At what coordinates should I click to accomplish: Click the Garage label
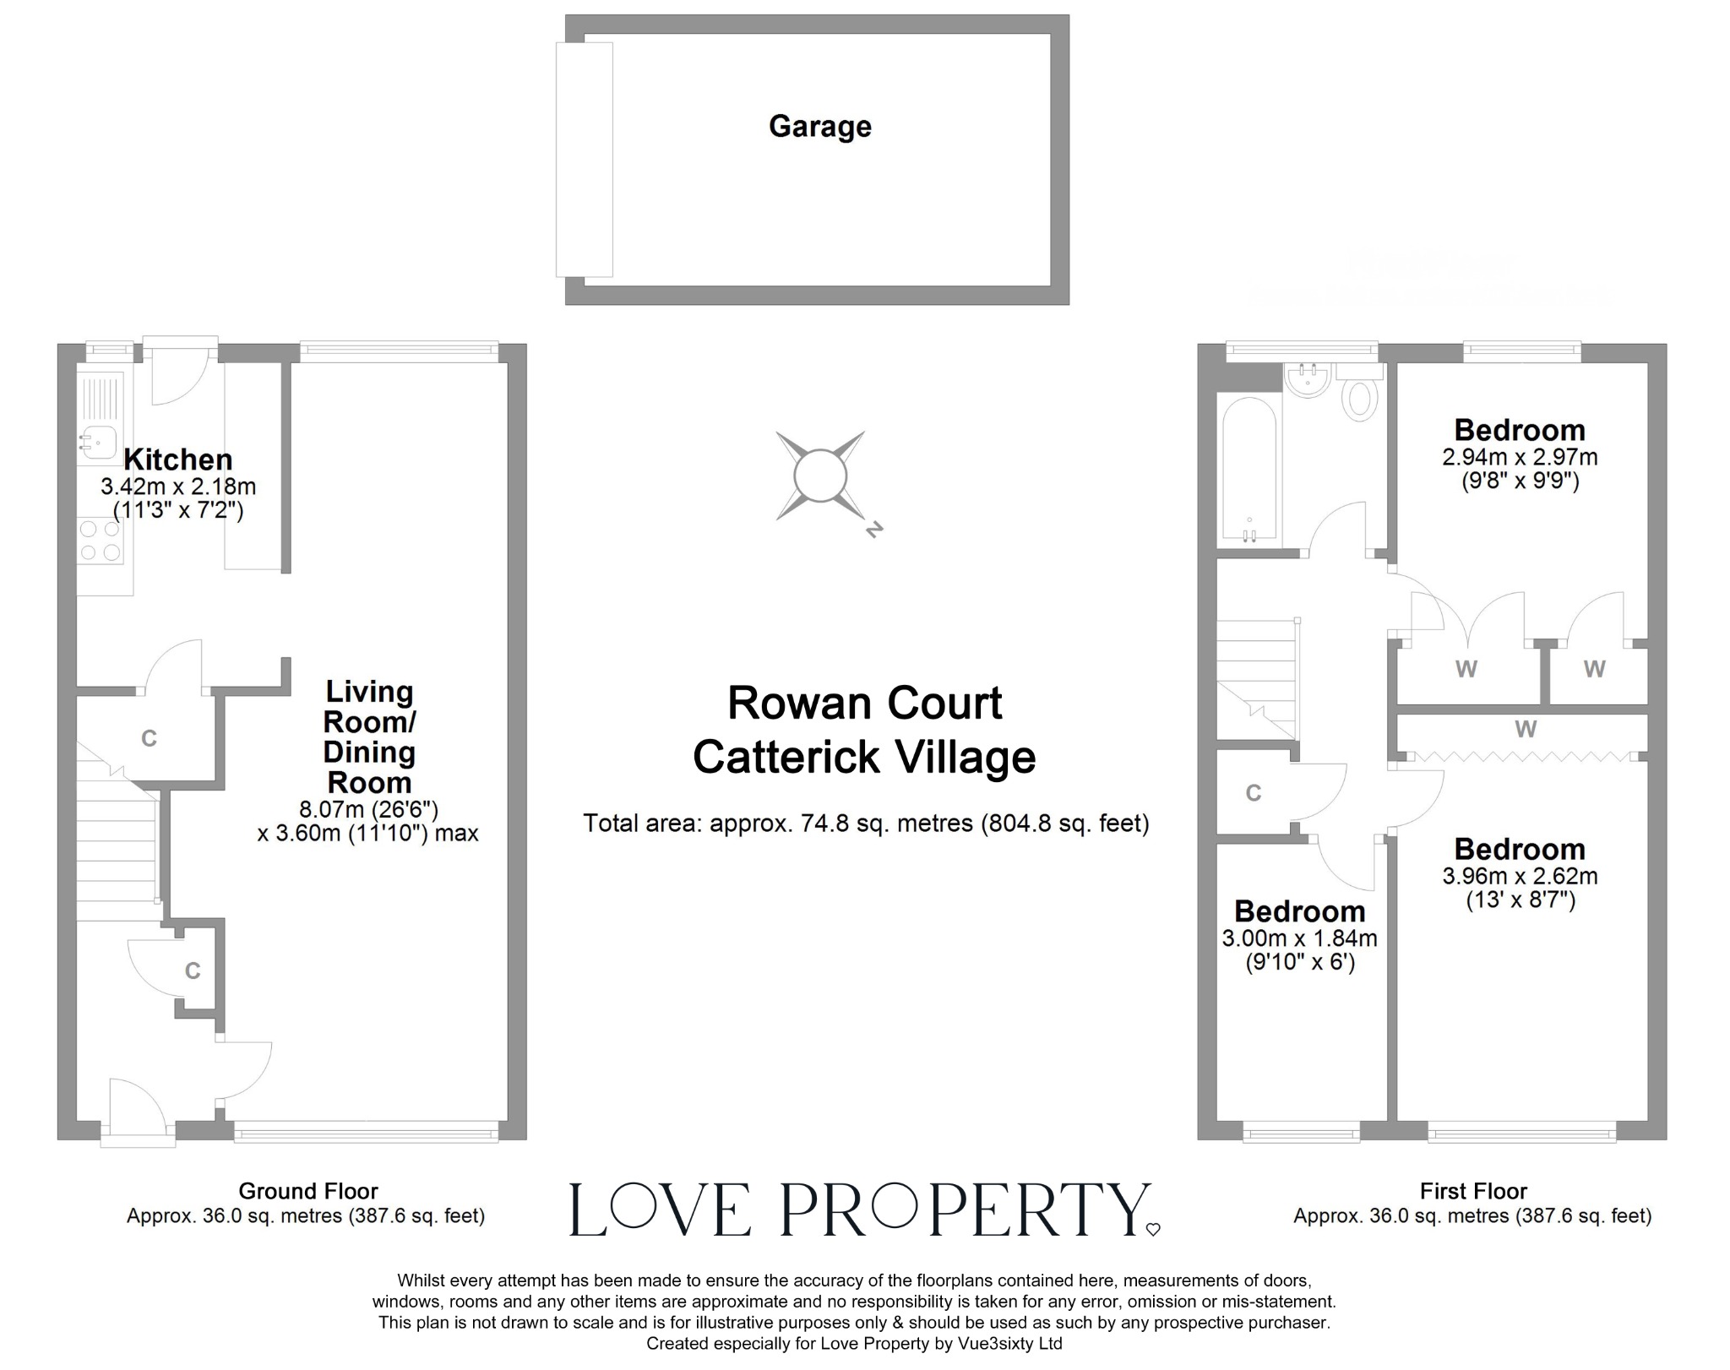tap(819, 127)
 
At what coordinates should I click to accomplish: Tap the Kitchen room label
tap(177, 459)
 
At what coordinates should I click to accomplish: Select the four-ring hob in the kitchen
tap(100, 541)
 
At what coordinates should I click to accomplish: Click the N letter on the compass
tap(874, 530)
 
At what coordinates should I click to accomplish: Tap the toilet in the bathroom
tap(1359, 399)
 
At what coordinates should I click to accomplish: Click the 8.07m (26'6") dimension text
tap(368, 809)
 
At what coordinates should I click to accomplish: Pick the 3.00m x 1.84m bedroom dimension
tap(1299, 938)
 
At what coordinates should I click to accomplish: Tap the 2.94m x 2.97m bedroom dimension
tap(1519, 458)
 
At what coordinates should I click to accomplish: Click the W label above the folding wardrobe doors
tap(1525, 729)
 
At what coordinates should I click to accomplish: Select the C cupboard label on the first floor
tap(1254, 793)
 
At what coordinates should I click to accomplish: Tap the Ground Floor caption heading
tap(307, 1191)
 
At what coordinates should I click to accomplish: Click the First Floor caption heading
tap(1473, 1191)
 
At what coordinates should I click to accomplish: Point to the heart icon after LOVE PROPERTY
tap(1153, 1229)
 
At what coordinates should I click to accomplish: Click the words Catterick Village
tap(863, 757)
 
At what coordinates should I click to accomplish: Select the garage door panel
tap(584, 160)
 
